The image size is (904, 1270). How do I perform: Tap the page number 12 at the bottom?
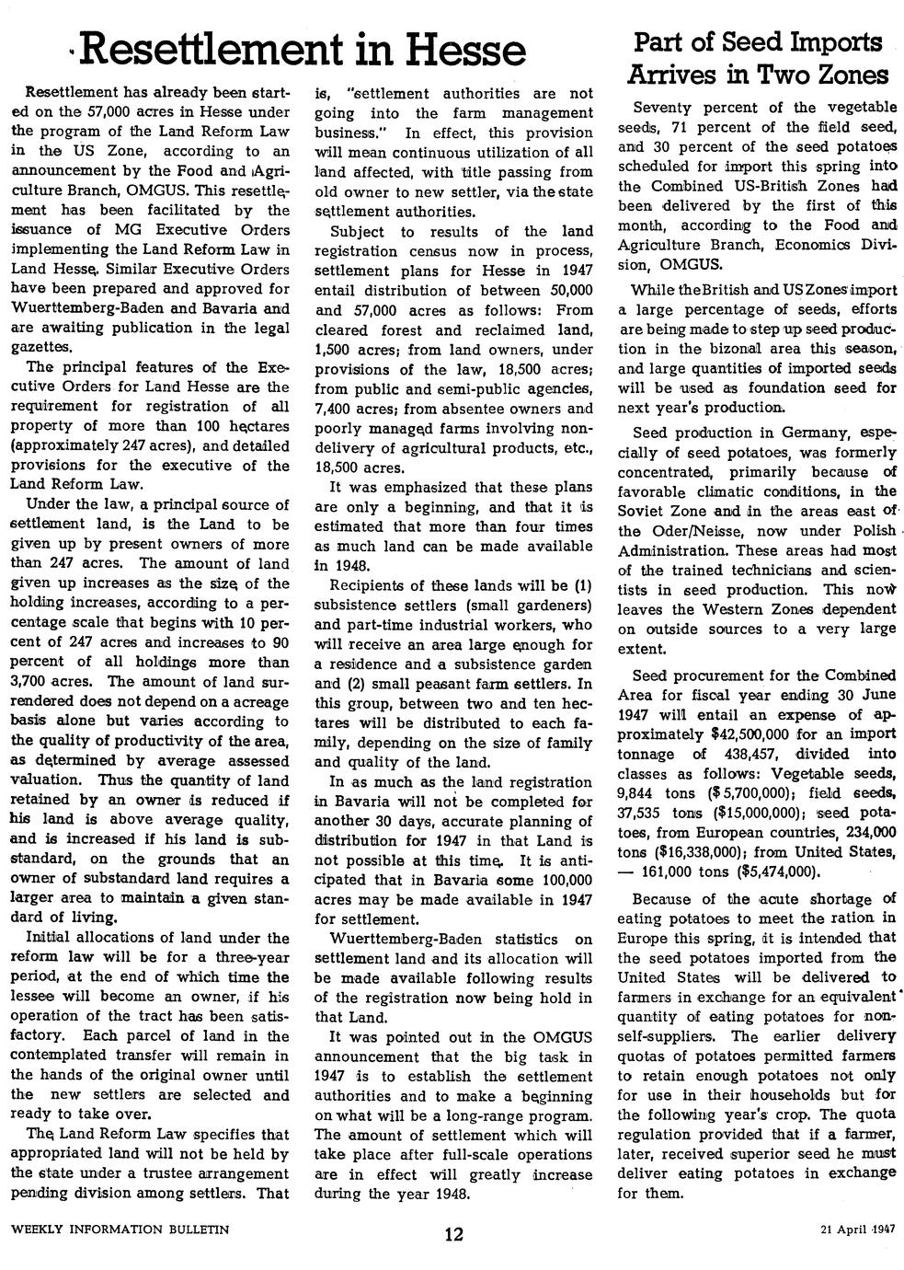452,1234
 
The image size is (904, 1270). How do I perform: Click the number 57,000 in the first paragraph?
109,113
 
